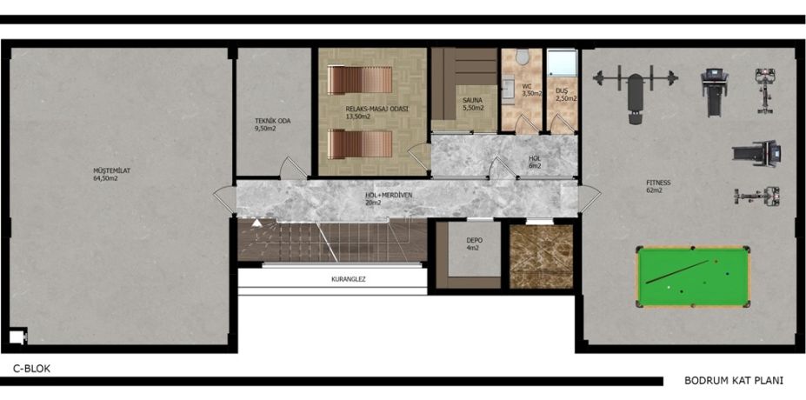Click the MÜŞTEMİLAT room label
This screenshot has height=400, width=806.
[x=109, y=170]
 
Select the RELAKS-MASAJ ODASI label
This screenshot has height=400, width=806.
[x=370, y=109]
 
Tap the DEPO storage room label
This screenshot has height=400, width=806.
[x=474, y=240]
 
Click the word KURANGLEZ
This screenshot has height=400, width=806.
[x=348, y=280]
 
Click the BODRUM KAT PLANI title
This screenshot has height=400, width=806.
[x=734, y=381]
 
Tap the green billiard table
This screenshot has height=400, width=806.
[x=694, y=277]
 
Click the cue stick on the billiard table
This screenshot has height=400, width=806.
[x=677, y=271]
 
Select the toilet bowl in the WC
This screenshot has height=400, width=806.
[x=523, y=57]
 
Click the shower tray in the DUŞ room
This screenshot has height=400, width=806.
[x=562, y=63]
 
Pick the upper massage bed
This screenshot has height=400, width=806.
[x=360, y=80]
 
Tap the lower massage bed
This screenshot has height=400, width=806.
[x=360, y=144]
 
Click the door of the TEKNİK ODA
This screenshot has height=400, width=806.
[x=293, y=168]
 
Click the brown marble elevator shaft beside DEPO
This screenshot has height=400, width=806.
[x=542, y=256]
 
